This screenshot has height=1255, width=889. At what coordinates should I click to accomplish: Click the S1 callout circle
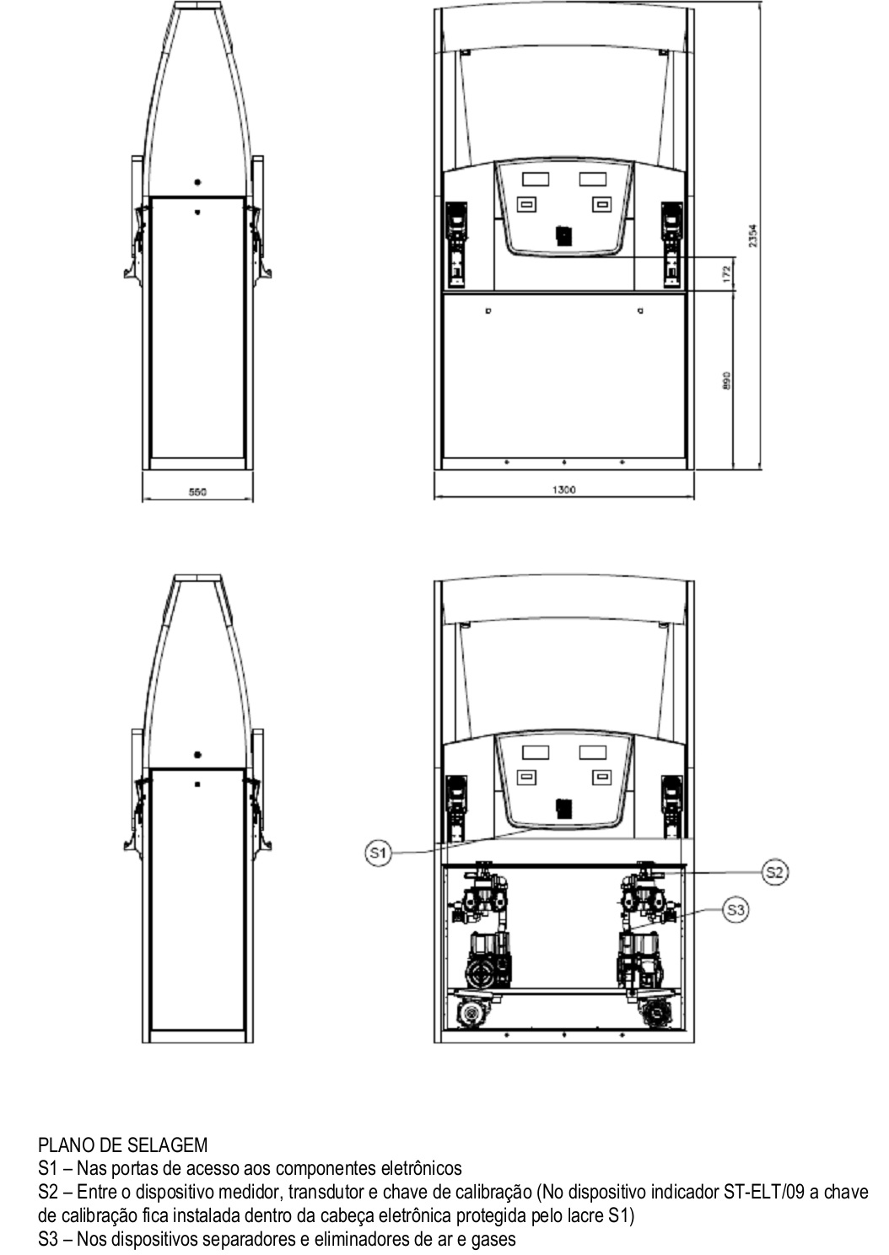378,854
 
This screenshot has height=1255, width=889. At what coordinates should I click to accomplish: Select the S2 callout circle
775,872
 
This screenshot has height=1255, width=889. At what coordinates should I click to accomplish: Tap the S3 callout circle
735,911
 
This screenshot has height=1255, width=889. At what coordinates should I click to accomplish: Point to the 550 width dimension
197,492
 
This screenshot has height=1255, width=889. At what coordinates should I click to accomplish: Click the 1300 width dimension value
564,490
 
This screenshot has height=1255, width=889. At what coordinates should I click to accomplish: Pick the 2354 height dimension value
753,235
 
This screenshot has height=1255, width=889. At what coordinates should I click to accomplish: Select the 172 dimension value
727,274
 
